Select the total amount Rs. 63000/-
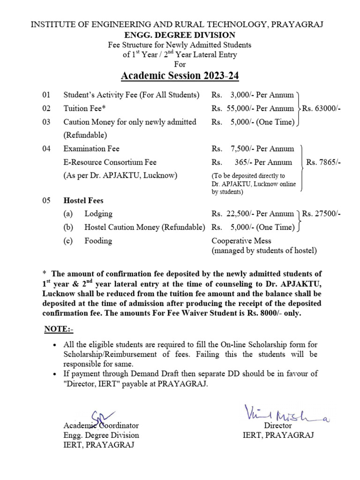tap(322, 108)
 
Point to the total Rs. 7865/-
tap(323, 162)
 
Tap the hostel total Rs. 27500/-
tap(322, 214)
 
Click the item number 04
tap(46, 149)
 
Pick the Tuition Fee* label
tap(85, 108)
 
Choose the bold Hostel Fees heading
tap(83, 201)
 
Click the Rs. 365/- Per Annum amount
tap(253, 162)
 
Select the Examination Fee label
tap(91, 149)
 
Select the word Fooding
tap(98, 241)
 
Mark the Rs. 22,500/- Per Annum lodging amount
tap(253, 214)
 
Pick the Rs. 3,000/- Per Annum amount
tap(253, 95)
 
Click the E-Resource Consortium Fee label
tap(110, 162)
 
